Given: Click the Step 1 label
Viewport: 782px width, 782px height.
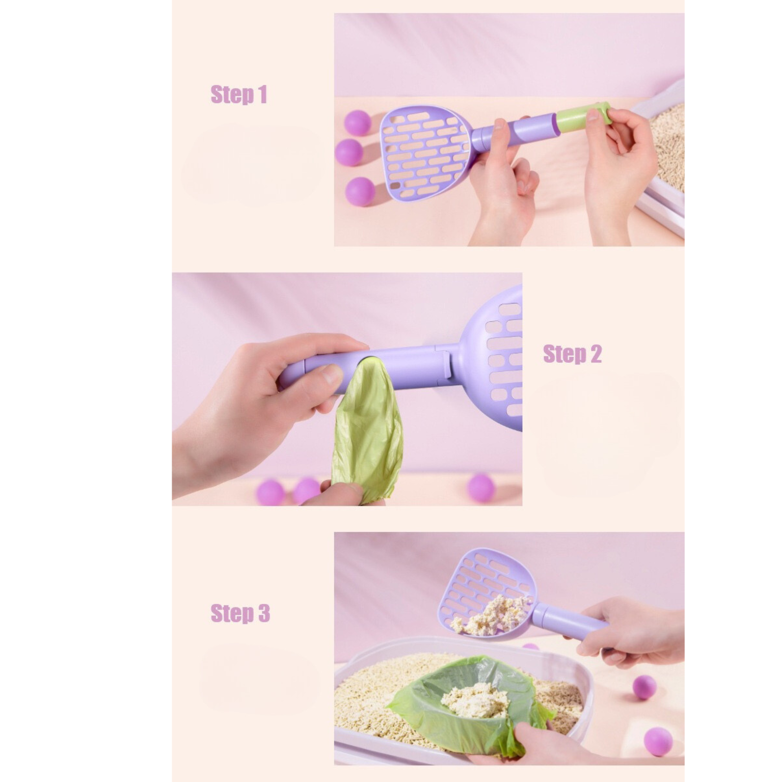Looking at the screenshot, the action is (x=239, y=95).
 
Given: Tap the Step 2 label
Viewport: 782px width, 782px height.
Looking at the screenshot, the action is (x=572, y=354).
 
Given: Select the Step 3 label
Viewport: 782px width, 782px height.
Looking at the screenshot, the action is (x=240, y=613).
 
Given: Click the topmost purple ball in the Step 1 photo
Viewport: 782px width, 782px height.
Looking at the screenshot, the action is (x=357, y=123).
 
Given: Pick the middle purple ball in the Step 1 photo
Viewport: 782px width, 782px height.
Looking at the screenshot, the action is (x=349, y=152).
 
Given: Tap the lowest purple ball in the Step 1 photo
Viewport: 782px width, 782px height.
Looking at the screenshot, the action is (x=360, y=191).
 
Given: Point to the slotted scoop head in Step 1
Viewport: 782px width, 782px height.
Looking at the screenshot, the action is (x=426, y=153).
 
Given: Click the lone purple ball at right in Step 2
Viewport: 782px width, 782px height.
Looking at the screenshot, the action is (x=481, y=488).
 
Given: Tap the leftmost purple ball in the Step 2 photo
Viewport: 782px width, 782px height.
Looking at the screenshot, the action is (x=270, y=492).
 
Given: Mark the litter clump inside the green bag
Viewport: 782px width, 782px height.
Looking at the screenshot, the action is (x=475, y=699).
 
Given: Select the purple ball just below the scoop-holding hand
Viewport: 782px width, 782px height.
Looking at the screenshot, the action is (x=644, y=687).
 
